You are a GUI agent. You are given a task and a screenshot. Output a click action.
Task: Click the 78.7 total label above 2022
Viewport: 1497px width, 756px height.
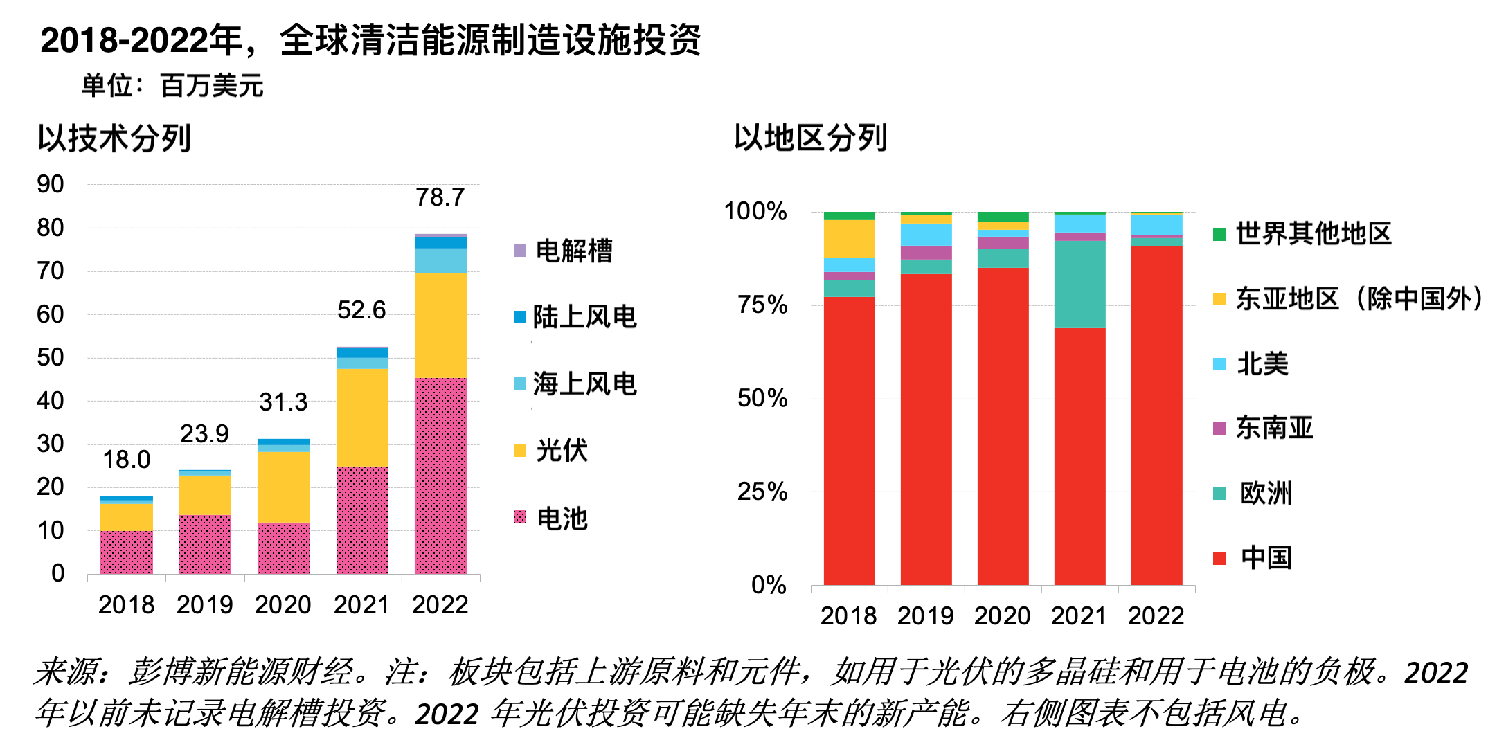[440, 197]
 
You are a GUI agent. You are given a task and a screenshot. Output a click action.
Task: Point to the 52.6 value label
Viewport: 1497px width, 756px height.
[361, 310]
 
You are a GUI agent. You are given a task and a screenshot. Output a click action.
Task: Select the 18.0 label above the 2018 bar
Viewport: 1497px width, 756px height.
[127, 460]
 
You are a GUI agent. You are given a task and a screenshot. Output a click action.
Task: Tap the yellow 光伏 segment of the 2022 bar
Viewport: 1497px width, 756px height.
[440, 325]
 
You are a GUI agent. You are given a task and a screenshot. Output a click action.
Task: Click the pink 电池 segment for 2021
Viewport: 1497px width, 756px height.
[362, 519]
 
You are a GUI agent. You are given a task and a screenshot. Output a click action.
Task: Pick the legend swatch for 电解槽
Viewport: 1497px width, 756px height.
[520, 251]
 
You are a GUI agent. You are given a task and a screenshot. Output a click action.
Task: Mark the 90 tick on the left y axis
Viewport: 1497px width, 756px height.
[51, 184]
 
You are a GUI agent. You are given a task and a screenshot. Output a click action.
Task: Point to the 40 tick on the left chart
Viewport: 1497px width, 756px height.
[51, 401]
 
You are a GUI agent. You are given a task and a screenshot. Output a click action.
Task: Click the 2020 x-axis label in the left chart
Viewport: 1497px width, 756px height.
[283, 605]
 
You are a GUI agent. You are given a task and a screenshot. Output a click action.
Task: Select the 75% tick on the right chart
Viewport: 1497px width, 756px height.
[762, 305]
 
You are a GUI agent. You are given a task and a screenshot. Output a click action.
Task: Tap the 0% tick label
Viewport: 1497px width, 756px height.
[769, 586]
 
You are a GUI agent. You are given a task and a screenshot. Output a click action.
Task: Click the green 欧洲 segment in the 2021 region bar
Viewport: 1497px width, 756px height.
[1079, 284]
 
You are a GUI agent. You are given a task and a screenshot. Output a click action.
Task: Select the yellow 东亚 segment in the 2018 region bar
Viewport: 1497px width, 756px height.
[849, 239]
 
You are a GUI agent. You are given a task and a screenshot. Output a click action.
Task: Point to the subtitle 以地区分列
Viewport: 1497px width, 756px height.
[811, 138]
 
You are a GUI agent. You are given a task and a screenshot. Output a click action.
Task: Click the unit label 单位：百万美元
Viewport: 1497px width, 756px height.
[172, 86]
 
